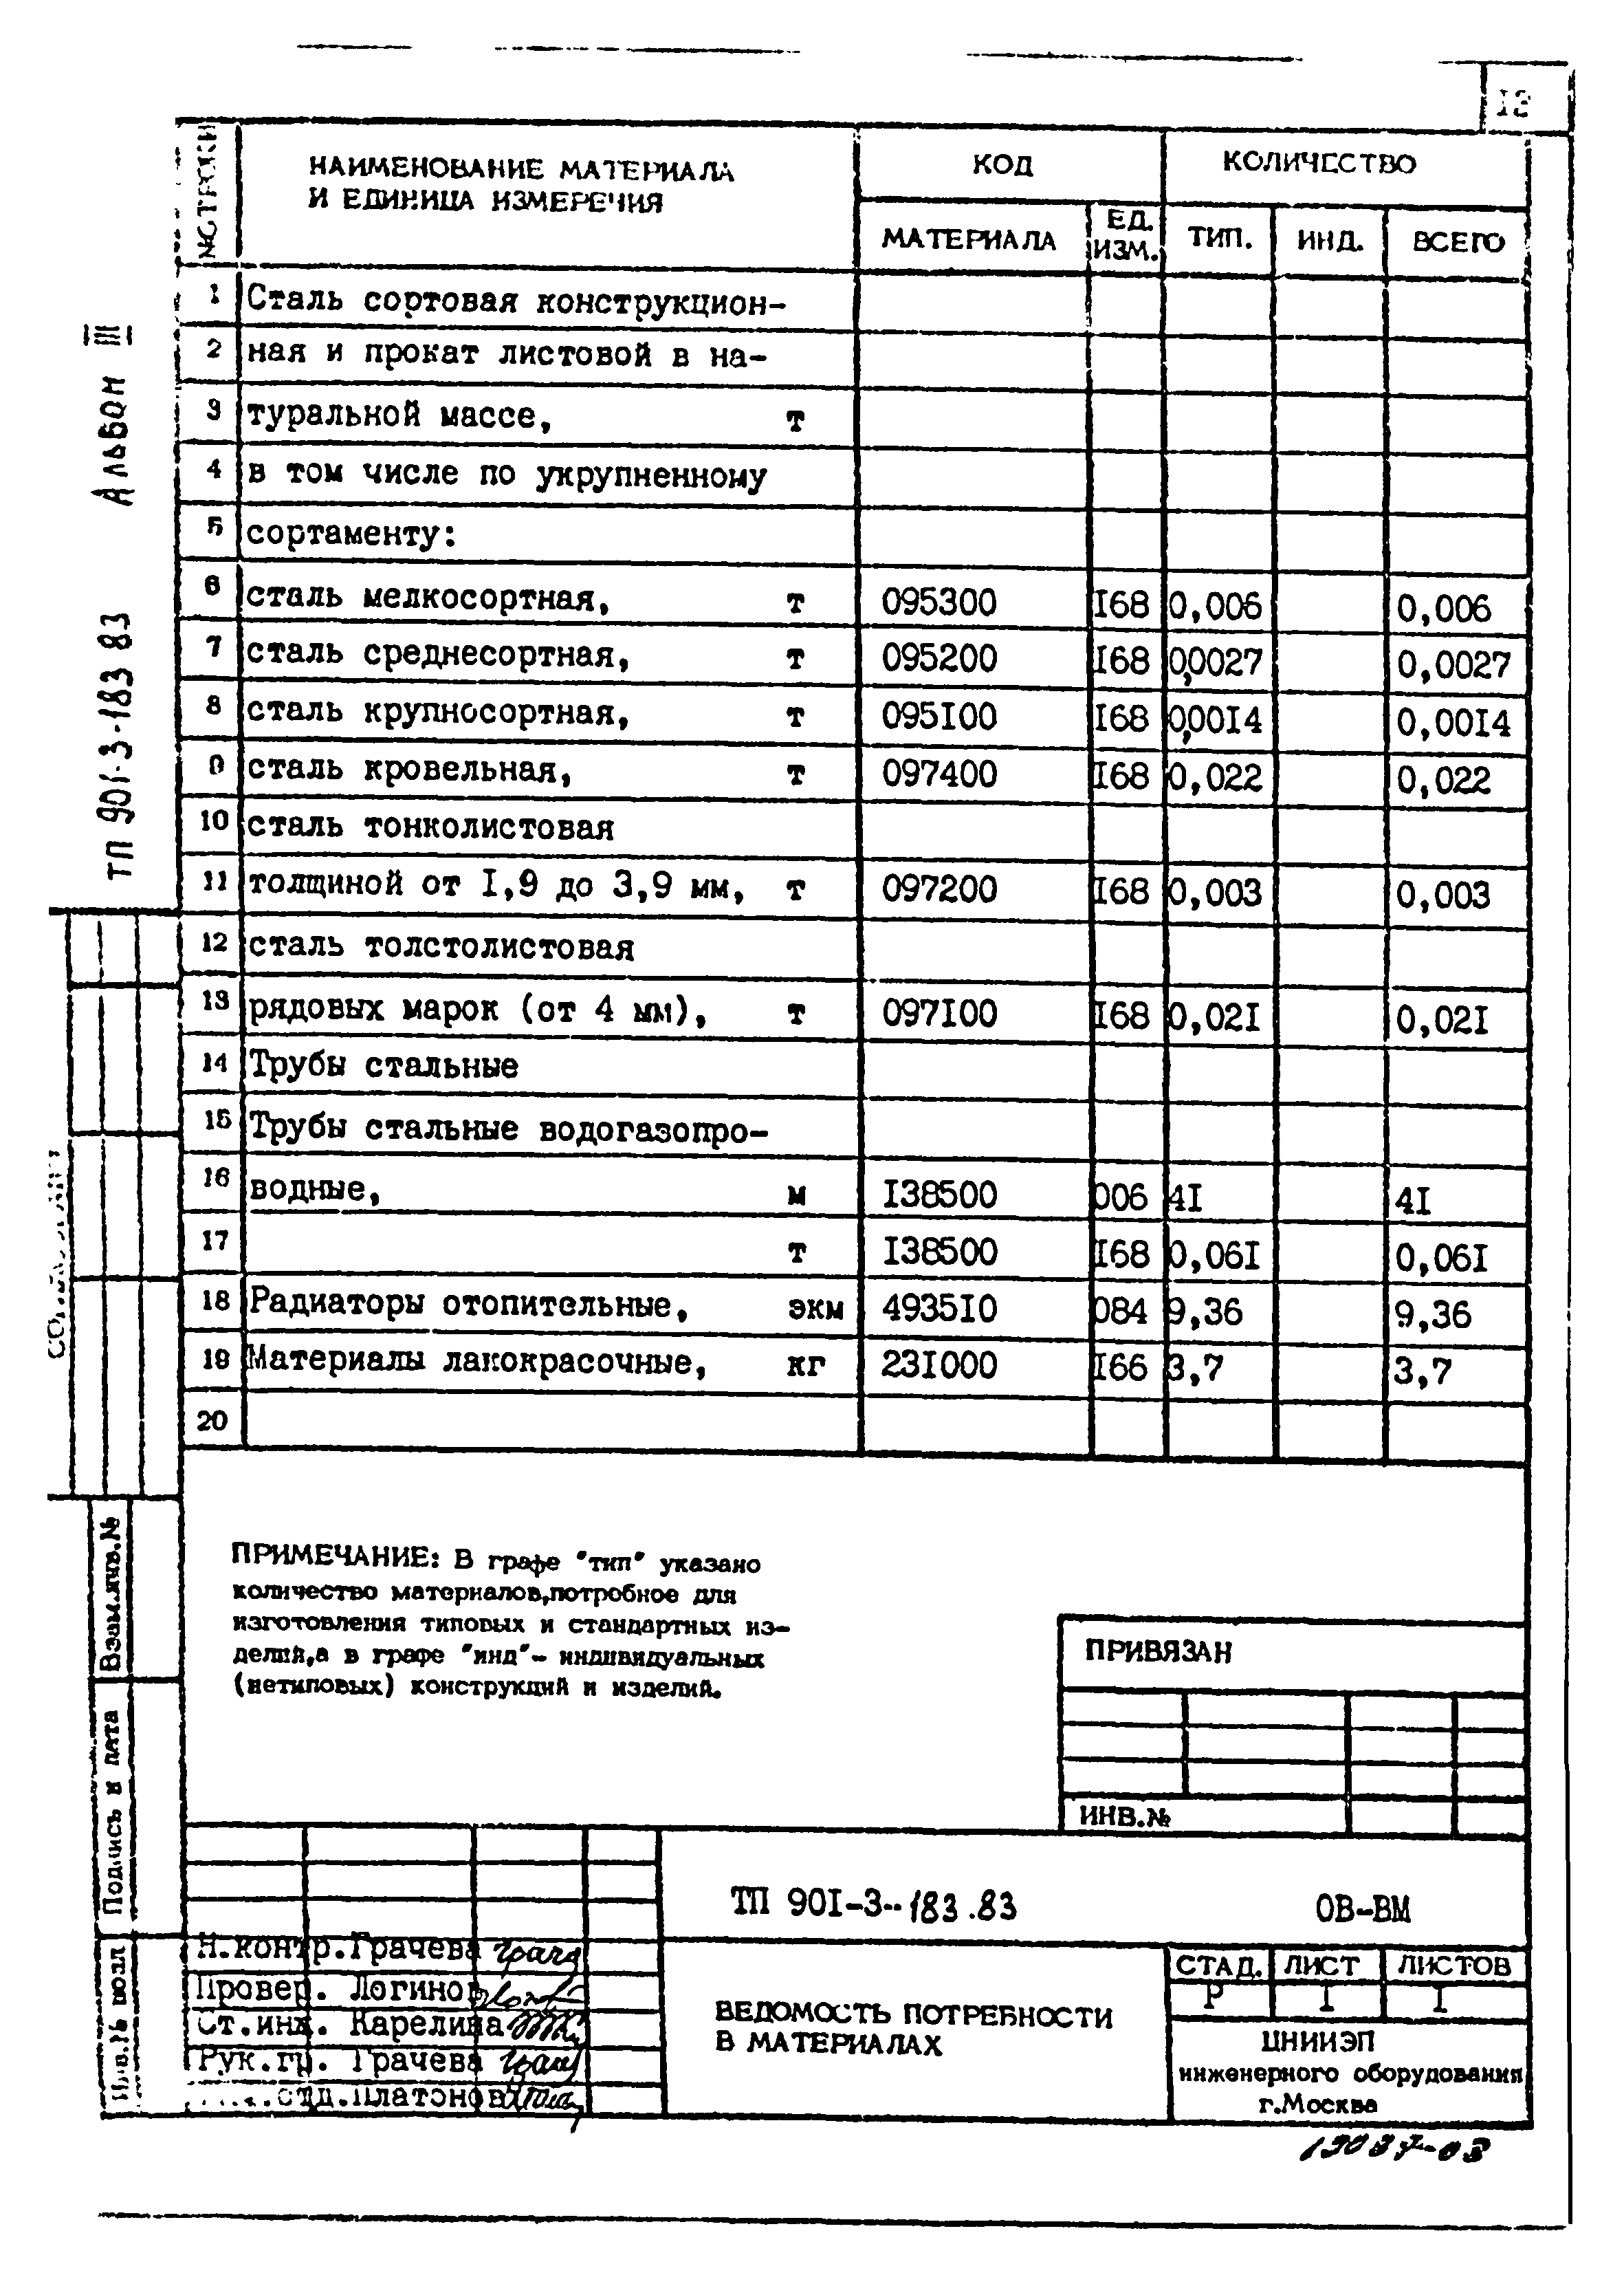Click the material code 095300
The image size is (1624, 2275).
coord(938,603)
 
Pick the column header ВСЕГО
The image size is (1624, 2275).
coord(1457,242)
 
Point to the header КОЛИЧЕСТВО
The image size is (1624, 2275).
coord(1318,163)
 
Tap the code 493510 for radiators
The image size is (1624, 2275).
coord(938,1309)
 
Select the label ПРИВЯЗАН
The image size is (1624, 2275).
coord(1158,1651)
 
